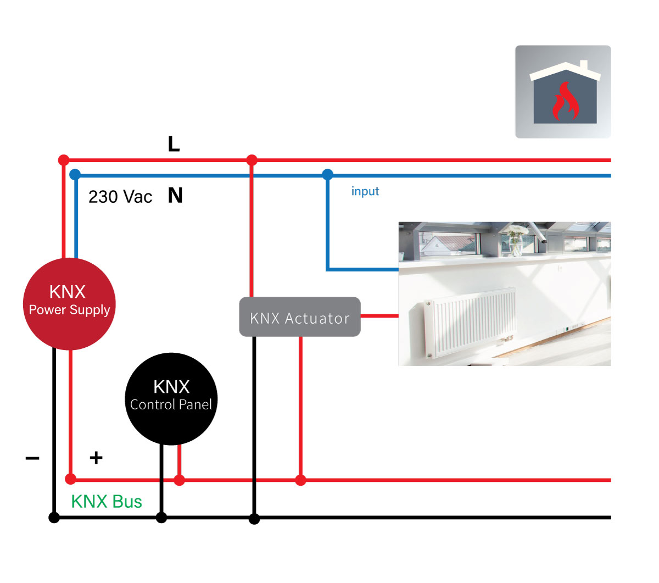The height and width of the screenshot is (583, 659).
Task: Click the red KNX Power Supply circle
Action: tap(69, 304)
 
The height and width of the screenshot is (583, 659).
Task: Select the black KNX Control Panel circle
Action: tap(171, 398)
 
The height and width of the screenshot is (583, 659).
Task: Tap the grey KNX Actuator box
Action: tap(300, 317)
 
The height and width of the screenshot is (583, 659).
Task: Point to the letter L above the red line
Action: tap(174, 145)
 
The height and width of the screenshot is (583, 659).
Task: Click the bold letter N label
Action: tap(175, 196)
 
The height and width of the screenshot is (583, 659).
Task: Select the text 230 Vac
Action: tap(120, 197)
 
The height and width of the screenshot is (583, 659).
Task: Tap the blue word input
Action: tap(365, 191)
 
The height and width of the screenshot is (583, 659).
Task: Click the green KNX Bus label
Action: tap(107, 502)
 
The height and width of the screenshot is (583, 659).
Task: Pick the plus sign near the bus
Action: tap(96, 458)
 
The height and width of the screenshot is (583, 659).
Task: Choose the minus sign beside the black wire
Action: tap(32, 458)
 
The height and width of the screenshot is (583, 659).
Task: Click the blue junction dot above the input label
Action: tap(328, 175)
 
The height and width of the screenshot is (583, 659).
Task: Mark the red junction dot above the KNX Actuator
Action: tap(252, 160)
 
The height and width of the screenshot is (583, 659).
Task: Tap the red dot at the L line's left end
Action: tap(64, 160)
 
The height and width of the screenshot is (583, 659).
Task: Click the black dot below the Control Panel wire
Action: tap(161, 518)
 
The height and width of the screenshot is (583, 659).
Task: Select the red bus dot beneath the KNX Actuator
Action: tap(300, 480)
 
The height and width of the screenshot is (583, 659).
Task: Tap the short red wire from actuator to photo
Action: tap(379, 316)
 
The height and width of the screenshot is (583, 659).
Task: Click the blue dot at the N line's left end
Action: tap(75, 175)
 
